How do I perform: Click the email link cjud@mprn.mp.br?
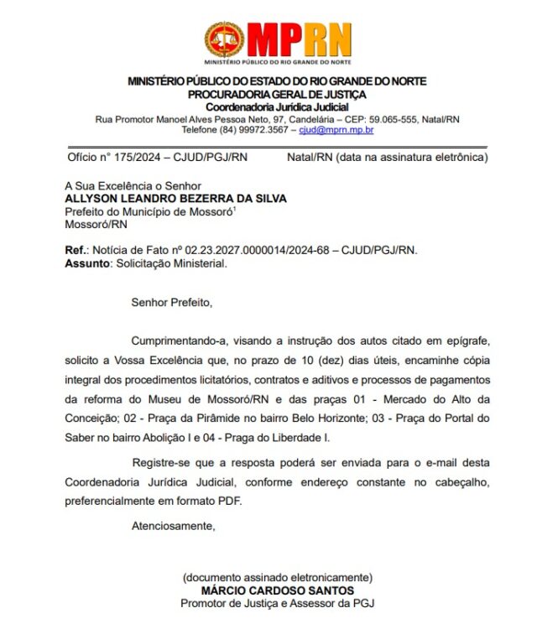tap(336, 130)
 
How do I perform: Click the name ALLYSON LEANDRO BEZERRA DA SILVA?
tap(175, 199)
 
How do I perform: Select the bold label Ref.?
tap(76, 250)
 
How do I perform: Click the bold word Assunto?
tap(87, 263)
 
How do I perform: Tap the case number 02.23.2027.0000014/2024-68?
tap(257, 250)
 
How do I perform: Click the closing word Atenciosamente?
tap(174, 526)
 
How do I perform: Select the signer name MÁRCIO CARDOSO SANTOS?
tap(276, 590)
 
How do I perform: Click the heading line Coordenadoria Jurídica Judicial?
tap(276, 107)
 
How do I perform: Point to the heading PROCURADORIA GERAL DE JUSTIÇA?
tap(276, 94)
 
